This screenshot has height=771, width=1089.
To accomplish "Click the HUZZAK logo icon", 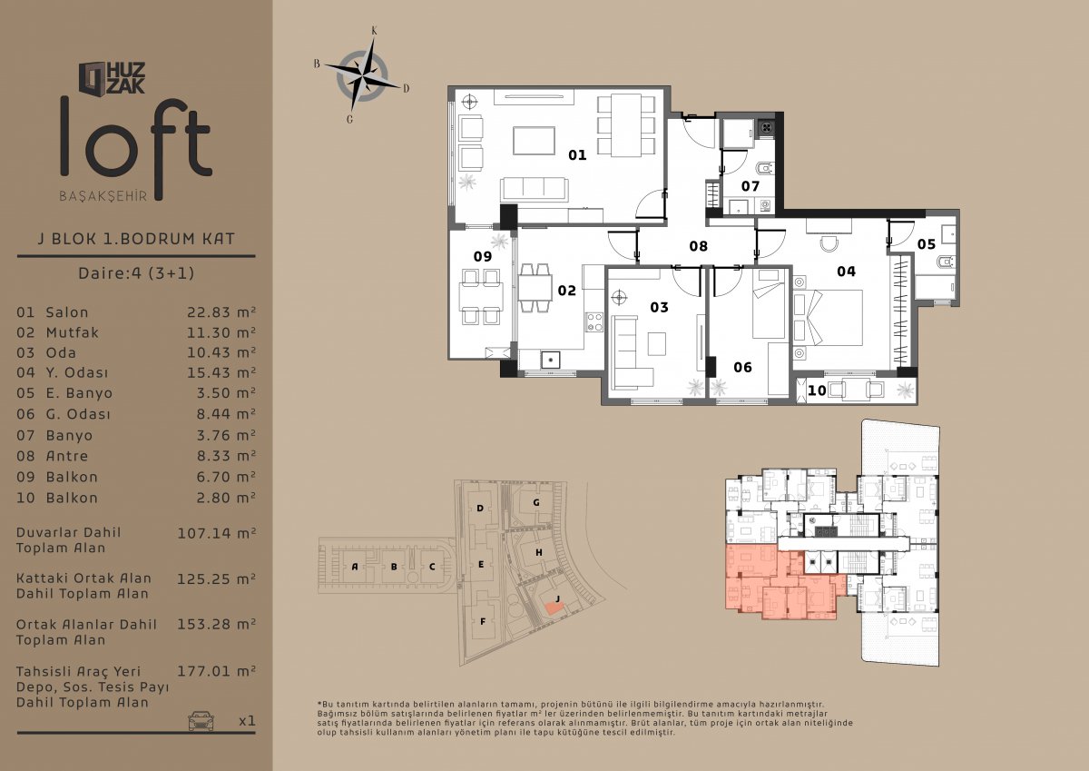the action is click(93, 78).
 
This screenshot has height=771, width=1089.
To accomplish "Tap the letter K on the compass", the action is click(374, 31).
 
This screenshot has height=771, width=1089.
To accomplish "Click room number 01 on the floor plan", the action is click(577, 155).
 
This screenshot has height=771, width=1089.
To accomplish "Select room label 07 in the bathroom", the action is click(751, 186).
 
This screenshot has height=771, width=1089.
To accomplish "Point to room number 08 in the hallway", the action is click(698, 246).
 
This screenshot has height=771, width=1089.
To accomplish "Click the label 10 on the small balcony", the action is click(817, 390).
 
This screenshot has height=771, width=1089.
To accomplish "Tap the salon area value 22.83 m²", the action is click(221, 311).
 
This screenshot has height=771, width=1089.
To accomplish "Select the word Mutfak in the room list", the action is click(73, 332).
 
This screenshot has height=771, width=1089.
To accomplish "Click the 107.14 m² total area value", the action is click(216, 533).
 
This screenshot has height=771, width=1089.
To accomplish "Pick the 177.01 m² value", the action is click(216, 671).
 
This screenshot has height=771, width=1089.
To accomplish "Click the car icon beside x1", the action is click(201, 721).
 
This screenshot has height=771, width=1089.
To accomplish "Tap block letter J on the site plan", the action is click(557, 598).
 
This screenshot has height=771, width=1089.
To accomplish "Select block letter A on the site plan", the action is click(355, 567).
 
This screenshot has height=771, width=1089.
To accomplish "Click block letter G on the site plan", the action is click(536, 502).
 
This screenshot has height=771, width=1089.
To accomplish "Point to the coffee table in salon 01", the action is click(534, 141).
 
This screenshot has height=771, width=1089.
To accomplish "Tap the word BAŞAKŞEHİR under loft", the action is click(103, 196).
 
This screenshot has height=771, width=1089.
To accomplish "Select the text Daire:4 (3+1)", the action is click(136, 273).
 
